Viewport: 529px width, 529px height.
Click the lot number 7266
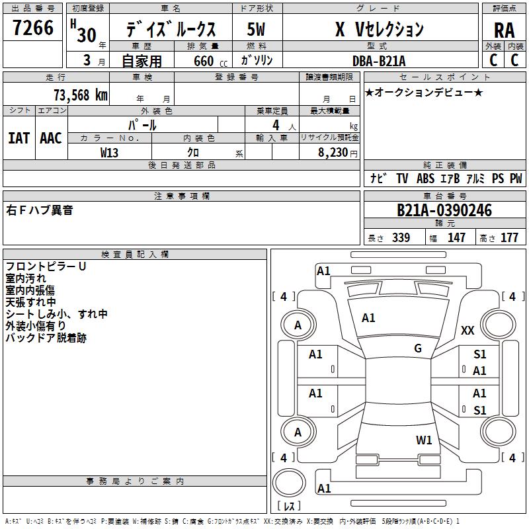tap(33, 28)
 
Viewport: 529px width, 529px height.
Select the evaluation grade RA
tap(504, 30)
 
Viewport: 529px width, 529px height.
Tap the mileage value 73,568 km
tap(80, 95)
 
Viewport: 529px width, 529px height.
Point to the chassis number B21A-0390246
tap(444, 211)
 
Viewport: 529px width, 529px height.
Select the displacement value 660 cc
tap(204, 61)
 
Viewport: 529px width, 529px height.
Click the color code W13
tap(109, 152)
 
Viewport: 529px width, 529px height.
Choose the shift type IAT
tap(19, 138)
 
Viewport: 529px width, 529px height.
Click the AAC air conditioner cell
tap(51, 138)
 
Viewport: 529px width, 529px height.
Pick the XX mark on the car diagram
tap(468, 331)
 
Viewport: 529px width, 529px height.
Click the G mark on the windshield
tap(418, 348)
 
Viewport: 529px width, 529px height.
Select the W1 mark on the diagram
tap(424, 440)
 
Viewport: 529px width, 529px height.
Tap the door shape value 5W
tap(256, 30)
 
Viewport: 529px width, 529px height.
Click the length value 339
tap(401, 238)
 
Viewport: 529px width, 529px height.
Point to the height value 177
tap(509, 238)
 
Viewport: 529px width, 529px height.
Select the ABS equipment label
tap(425, 179)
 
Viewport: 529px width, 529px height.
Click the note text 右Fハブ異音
tap(40, 210)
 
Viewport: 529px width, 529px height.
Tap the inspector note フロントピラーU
tap(46, 266)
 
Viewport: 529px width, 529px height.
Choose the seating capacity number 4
tap(276, 125)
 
